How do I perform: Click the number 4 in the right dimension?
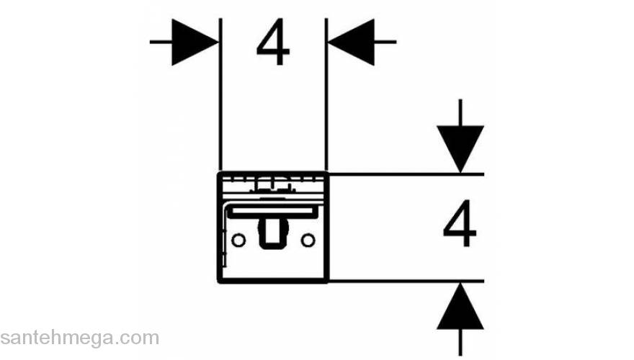460,226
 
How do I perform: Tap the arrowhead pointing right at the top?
195,42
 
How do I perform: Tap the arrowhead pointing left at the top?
352,42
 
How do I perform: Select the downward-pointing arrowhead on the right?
460,148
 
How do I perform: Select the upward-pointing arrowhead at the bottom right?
460,306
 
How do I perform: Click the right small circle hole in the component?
308,239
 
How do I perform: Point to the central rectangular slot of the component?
273,233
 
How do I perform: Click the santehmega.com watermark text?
79,338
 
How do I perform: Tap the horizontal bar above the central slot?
273,210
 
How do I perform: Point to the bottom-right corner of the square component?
327,281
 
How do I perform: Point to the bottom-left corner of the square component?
219,281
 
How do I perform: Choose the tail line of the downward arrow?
460,112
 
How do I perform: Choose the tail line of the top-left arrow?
161,42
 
